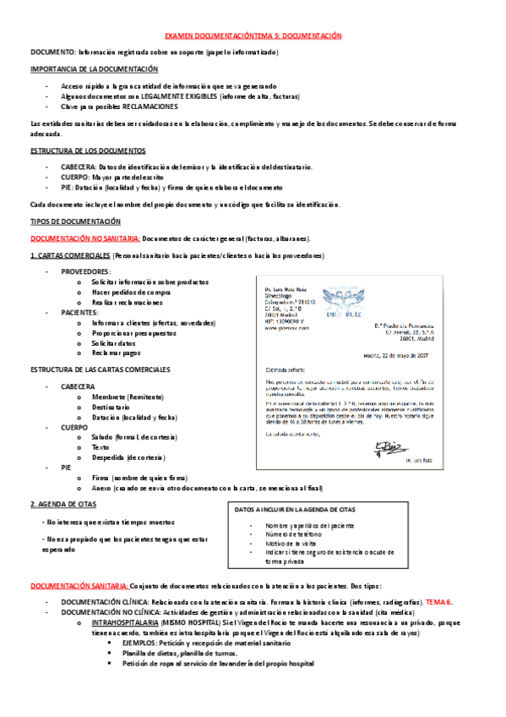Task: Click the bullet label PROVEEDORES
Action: click(x=85, y=272)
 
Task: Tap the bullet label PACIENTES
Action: click(x=80, y=312)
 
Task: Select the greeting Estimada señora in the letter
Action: click(x=286, y=369)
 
